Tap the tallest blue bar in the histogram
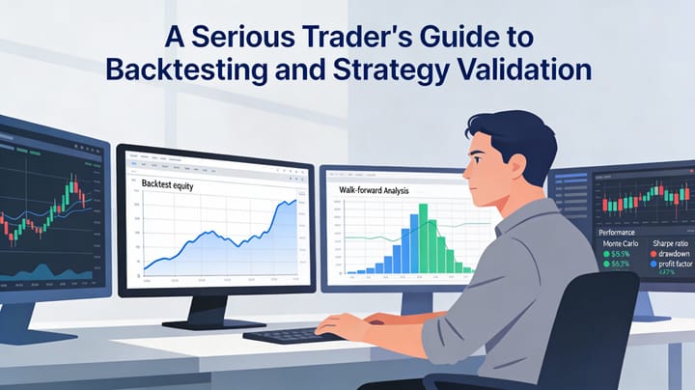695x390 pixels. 421,240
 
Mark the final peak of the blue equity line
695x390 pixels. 292,202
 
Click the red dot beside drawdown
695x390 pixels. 653,255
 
